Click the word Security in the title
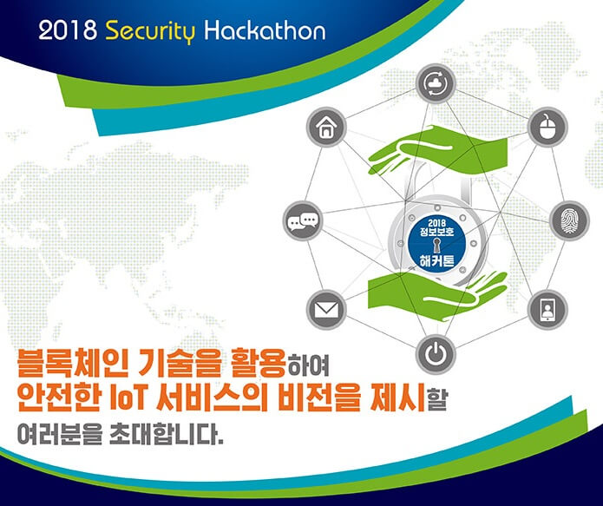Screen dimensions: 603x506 [150, 31]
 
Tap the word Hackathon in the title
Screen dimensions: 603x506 [265, 30]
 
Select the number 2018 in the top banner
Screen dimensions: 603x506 [68, 30]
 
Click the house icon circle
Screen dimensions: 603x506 [326, 127]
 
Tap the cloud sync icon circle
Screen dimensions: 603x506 [436, 83]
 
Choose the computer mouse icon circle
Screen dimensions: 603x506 [547, 127]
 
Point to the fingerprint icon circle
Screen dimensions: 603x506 [569, 220]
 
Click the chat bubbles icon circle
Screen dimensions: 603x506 [303, 220]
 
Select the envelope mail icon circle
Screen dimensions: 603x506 [326, 310]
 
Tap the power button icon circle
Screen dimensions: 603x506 [436, 354]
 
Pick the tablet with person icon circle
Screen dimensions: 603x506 [547, 310]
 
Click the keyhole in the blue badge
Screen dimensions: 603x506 [437, 245]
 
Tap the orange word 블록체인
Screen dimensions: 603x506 [72, 363]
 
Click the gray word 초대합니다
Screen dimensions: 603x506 [166, 433]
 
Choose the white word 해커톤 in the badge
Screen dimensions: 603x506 [437, 260]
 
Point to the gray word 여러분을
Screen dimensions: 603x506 [60, 434]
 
